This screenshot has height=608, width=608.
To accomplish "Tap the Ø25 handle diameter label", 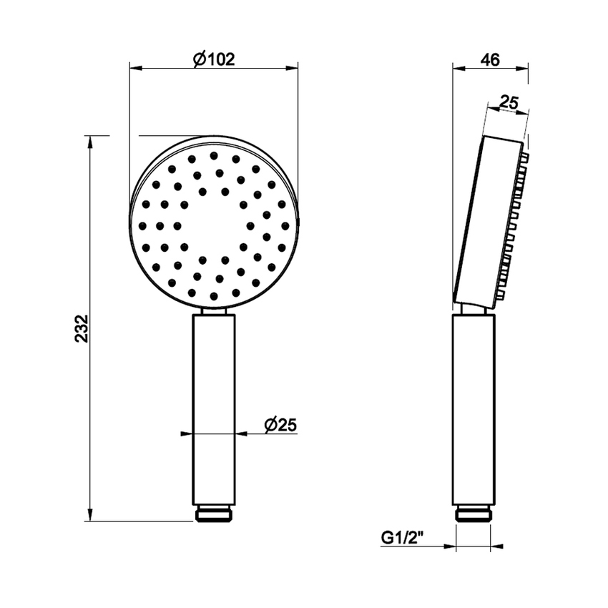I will coord(279,425).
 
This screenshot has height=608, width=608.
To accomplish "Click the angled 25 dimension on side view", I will coord(508,103).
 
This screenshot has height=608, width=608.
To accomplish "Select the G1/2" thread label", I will coord(402,537).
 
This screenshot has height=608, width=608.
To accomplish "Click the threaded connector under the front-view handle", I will coord(213,514).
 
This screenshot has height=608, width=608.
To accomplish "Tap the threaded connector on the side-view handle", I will coord(474,514).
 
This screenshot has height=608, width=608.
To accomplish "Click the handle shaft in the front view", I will coord(213,408).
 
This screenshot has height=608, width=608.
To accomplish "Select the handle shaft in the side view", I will coord(474,408).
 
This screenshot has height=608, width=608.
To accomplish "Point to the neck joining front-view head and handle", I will coord(213,311).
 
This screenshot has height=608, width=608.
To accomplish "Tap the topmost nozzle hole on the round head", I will coord(213,155).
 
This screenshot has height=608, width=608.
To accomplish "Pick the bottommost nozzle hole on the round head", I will coord(213,295).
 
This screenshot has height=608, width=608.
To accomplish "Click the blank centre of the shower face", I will coord(213,225).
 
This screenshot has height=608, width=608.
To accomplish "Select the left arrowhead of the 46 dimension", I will coord(458,69).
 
